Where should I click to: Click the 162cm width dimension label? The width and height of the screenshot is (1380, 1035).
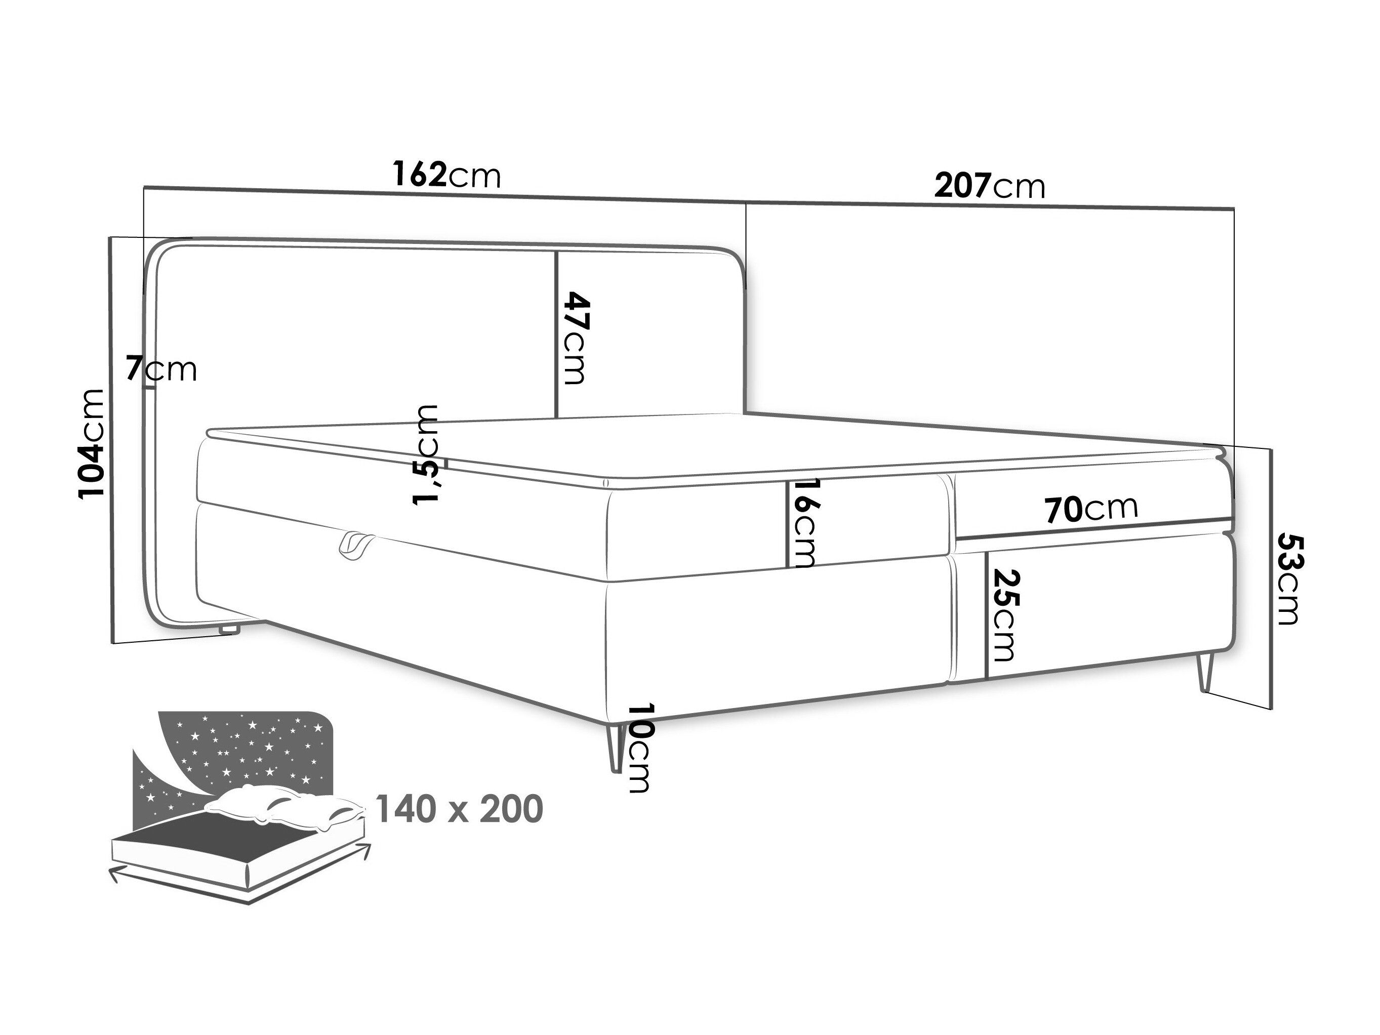pos(447,175)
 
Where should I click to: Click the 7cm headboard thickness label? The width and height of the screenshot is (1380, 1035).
pos(161,369)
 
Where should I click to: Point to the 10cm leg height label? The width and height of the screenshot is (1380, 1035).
pos(641,749)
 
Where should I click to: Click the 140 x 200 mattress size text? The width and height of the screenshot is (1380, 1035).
pos(459,810)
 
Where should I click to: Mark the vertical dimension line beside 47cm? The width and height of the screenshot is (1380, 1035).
pos(555,335)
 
